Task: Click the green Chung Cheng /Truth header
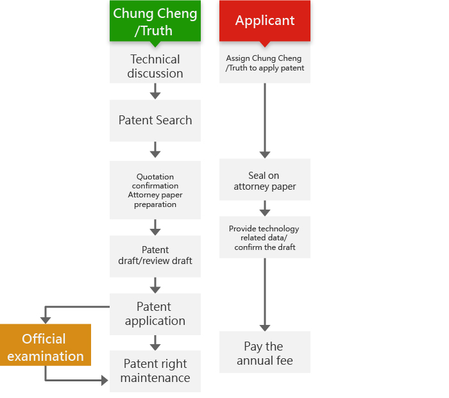(155, 21)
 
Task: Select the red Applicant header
(265, 21)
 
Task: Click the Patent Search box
(155, 120)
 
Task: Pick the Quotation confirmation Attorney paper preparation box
(155, 190)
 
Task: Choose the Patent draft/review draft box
(155, 256)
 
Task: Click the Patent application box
(155, 314)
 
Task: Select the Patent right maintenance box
(155, 371)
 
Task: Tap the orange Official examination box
(46, 345)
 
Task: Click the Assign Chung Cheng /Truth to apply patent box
(265, 64)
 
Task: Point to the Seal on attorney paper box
(265, 179)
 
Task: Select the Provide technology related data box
(265, 237)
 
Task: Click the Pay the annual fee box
(265, 352)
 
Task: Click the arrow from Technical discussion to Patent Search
(155, 91)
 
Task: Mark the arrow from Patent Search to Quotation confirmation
(155, 149)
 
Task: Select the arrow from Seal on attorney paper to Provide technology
(265, 208)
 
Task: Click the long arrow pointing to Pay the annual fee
(265, 295)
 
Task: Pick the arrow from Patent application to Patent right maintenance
(155, 343)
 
